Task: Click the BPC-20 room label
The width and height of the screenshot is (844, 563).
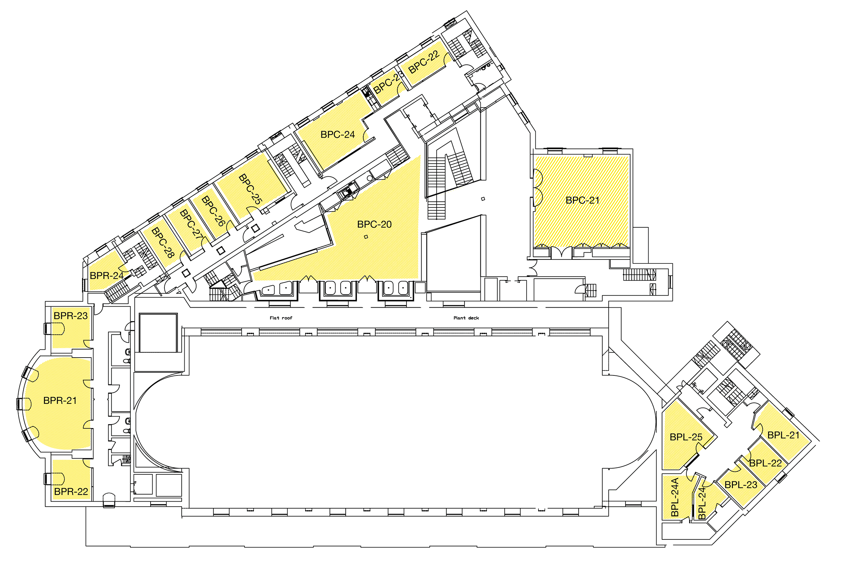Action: pos(374,224)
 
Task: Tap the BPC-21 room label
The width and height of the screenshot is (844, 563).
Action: pos(582,200)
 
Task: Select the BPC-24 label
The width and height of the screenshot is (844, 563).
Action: pos(337,135)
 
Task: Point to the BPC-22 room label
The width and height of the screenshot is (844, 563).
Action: pos(424,62)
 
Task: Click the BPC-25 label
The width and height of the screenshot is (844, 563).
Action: pos(250,189)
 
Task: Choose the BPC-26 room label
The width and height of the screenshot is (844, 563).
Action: pos(213,211)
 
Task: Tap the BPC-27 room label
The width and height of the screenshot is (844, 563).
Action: pos(192,225)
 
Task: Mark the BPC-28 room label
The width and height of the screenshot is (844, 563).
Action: pos(163,243)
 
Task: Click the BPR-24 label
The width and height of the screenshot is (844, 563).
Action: pos(107,276)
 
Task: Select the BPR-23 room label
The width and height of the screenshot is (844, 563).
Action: pos(71,316)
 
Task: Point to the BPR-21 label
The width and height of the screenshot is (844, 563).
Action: pos(60,401)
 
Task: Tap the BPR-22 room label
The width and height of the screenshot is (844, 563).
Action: pos(71,491)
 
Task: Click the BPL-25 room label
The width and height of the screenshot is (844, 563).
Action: pos(686,437)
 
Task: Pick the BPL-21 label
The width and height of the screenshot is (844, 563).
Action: pos(783,435)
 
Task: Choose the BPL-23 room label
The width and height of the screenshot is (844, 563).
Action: pos(741,485)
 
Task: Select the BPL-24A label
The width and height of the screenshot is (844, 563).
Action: pos(675,497)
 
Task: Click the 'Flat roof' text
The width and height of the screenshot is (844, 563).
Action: pos(281,318)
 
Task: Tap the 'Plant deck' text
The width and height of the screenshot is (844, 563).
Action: pos(466,318)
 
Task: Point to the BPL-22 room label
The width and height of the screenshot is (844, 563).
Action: pos(765,463)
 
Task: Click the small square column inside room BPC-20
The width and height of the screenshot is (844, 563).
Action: pos(366,236)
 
